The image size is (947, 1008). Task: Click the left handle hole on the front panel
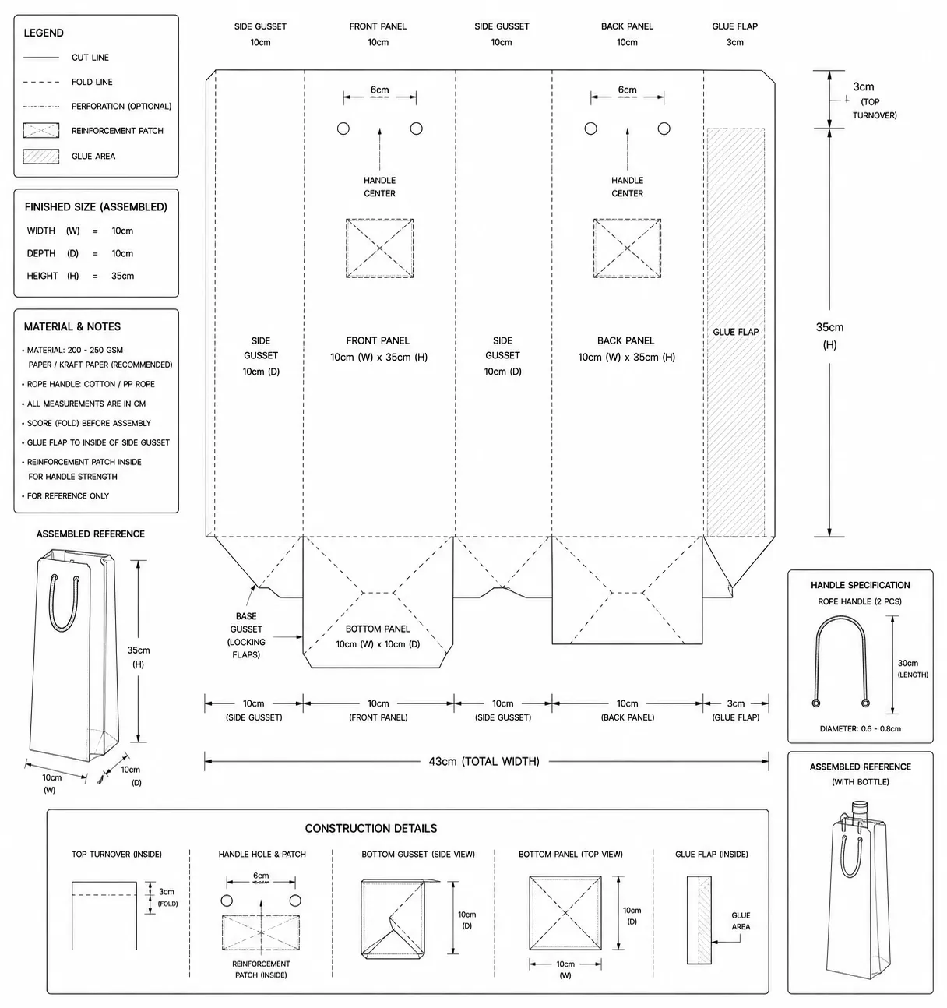[x=343, y=129]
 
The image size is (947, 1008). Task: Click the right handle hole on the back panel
[x=664, y=129]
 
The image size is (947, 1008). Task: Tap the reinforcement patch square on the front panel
[x=379, y=248]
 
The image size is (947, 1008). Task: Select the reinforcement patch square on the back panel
[x=627, y=248]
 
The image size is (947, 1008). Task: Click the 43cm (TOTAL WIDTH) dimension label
[x=484, y=761]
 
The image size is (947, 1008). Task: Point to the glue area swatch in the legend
[x=41, y=157]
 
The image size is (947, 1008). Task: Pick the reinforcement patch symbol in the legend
[x=41, y=130]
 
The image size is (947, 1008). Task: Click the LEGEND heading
[x=44, y=33]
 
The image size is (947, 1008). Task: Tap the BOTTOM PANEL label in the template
[x=378, y=629]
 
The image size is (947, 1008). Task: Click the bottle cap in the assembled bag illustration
[x=860, y=806]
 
